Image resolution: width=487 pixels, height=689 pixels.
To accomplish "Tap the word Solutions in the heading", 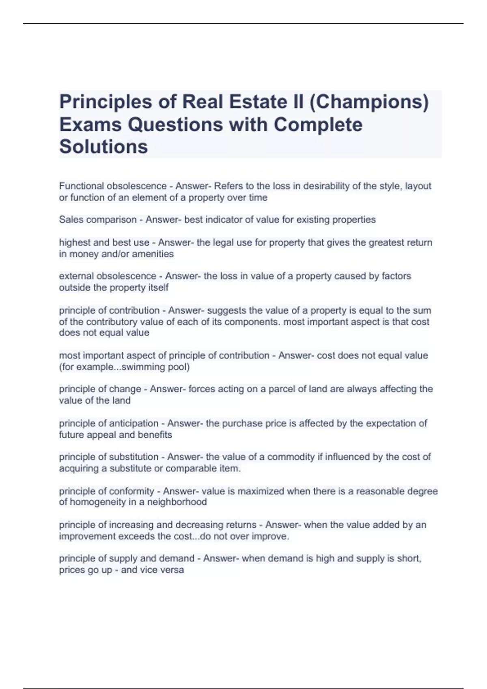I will (x=103, y=147).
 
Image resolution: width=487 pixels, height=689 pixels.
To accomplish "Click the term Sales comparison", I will (x=98, y=220).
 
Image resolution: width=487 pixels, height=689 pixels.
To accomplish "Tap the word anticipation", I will (x=134, y=423).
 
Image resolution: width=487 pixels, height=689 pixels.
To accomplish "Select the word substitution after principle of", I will (x=134, y=457).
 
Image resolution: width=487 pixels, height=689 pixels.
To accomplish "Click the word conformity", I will (x=131, y=491).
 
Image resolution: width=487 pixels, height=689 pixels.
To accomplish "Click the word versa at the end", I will (x=172, y=570).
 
